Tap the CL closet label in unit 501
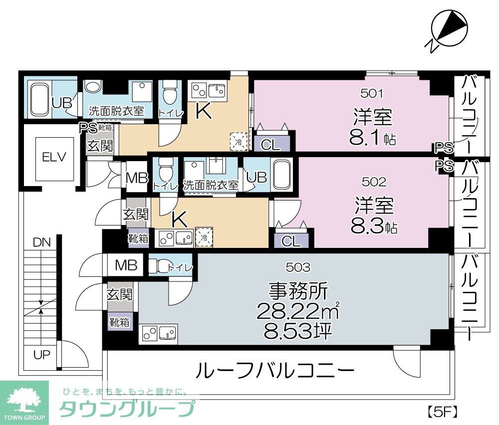271,145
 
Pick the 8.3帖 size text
373,227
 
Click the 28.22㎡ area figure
298,312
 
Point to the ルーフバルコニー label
275,371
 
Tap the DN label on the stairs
42,243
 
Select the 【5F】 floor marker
442,413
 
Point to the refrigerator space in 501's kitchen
238,141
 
